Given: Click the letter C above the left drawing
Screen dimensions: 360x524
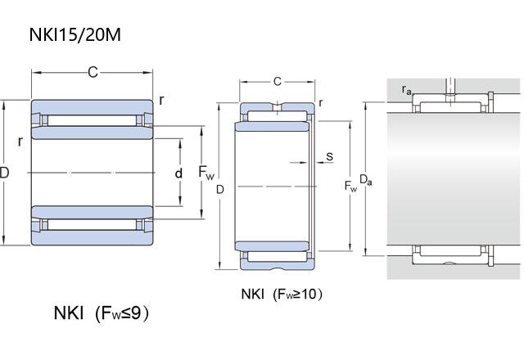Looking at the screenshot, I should coord(93,74).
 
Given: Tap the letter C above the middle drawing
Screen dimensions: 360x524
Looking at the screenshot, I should coord(278,81).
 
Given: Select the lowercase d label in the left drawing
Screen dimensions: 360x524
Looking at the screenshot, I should coord(178,173).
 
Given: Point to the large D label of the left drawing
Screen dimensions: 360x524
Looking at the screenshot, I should coord(5,173).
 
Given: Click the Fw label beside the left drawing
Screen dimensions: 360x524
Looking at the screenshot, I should coord(207,173).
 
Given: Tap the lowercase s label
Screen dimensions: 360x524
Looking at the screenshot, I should coord(328,155).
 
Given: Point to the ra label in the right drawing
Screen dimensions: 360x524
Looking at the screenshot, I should coord(406,91).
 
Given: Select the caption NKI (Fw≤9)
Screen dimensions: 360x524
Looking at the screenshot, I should coord(102,313).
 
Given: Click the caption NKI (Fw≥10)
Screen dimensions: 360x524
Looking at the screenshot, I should coord(276,294).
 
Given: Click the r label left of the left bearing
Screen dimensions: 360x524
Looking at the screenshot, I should coord(20,142).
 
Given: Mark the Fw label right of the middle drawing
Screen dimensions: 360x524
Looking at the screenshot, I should coord(350,187).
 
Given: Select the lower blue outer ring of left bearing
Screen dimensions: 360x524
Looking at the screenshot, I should coord(92,237).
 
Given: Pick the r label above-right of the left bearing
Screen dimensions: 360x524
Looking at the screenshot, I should coord(161,100).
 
